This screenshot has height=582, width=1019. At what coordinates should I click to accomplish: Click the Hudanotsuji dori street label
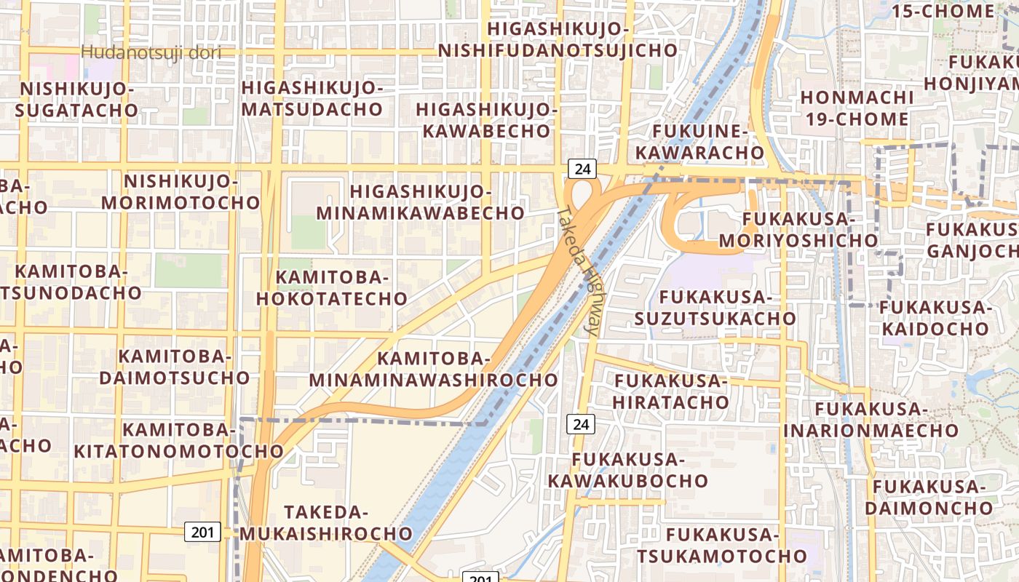[x=151, y=52]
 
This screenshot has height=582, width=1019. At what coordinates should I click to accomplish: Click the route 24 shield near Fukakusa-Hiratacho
[x=582, y=424]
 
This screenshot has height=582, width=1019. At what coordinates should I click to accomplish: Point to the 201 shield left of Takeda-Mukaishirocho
[x=202, y=532]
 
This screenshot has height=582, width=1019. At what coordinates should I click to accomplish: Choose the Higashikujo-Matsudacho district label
[x=312, y=98]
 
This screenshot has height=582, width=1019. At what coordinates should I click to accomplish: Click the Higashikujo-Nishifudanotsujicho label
[x=558, y=39]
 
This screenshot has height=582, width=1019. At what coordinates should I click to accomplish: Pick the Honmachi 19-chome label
[x=857, y=108]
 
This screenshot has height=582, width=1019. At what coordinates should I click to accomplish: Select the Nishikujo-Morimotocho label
[x=181, y=191]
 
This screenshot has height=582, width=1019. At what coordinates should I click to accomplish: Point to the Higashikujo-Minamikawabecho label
[x=421, y=202]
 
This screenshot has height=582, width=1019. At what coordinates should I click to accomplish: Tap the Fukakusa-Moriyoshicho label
[x=798, y=229]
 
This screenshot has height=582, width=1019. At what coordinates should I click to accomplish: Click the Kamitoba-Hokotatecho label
[x=341, y=288]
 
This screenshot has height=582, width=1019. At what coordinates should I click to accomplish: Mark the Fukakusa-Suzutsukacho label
[x=715, y=308]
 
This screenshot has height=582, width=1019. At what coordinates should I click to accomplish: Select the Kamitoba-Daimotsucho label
[x=175, y=367]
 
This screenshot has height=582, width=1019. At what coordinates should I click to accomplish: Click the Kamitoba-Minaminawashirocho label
[x=433, y=369]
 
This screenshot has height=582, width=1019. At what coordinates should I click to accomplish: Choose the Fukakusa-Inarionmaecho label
[x=871, y=420]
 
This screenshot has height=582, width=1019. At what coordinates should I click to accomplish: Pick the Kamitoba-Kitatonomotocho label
[x=178, y=440]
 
